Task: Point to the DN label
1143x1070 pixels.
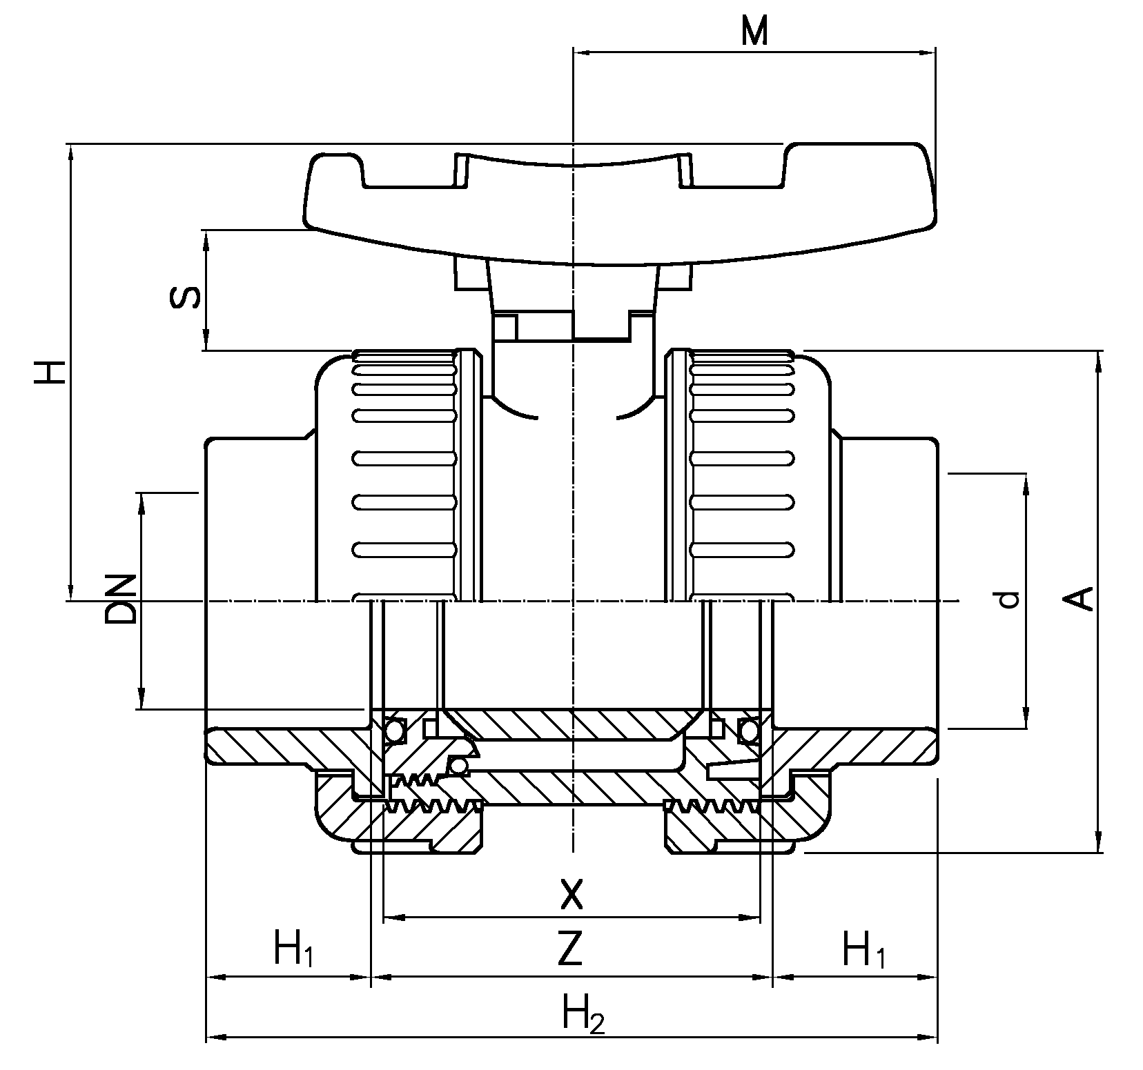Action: coord(120,597)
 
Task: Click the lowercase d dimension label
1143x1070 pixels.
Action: coord(1008,599)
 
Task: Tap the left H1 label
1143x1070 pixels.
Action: coord(293,949)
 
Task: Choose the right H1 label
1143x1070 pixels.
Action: coord(863,949)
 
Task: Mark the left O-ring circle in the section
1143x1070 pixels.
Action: coord(395,731)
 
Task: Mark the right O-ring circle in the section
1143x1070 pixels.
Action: coord(748,731)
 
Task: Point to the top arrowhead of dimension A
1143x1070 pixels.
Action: coord(1098,358)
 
